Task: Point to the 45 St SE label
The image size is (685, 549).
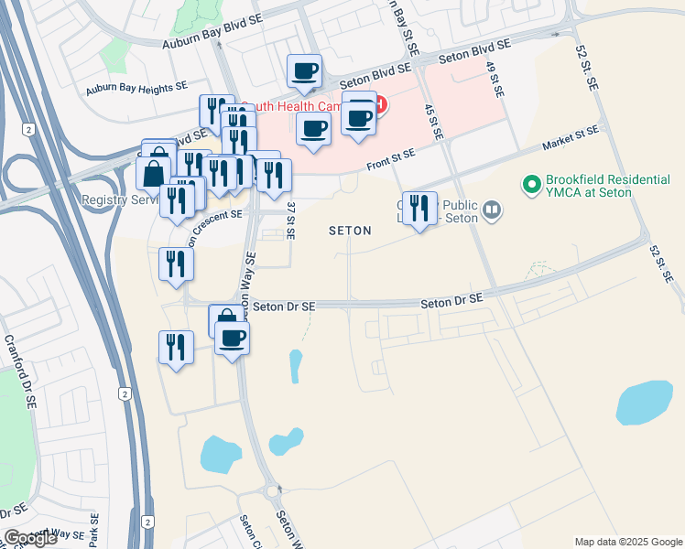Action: (433, 121)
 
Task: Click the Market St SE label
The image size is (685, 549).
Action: (571, 138)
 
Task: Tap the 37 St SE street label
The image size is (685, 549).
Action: (289, 221)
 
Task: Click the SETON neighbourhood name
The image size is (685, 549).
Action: (350, 231)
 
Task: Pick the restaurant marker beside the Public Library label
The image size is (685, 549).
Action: (419, 209)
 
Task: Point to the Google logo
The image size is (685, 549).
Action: (30, 538)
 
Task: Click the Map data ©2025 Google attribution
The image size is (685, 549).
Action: (628, 542)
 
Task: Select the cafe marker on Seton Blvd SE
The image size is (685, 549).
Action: (305, 70)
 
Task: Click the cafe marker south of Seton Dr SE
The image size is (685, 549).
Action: (232, 338)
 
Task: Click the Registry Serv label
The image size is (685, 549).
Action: (115, 199)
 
